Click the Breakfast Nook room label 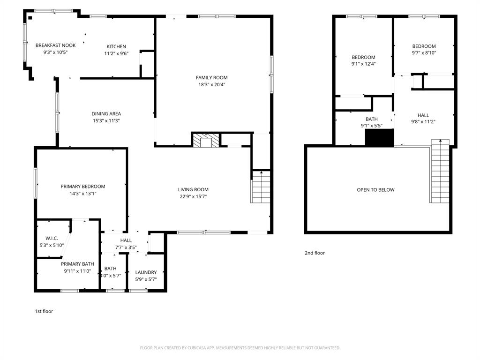coord(55,45)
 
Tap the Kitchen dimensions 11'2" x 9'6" coord(116,53)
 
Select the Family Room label coord(211,77)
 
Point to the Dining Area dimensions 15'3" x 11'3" coord(106,120)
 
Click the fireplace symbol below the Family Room coord(205,140)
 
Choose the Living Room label coord(193,189)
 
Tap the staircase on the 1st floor coord(261,187)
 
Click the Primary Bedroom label coord(83,186)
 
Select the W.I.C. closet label coord(52,238)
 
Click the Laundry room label coord(146,272)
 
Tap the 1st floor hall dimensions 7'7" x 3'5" coord(126,247)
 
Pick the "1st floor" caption coord(44,311)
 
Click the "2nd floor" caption coord(315,253)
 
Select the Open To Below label coord(375,190)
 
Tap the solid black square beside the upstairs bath coord(379,138)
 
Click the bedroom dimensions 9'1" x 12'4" coord(364,64)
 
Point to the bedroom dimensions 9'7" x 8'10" coord(424,53)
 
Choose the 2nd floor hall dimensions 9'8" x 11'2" coord(423,122)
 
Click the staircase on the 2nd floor coord(440,171)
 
